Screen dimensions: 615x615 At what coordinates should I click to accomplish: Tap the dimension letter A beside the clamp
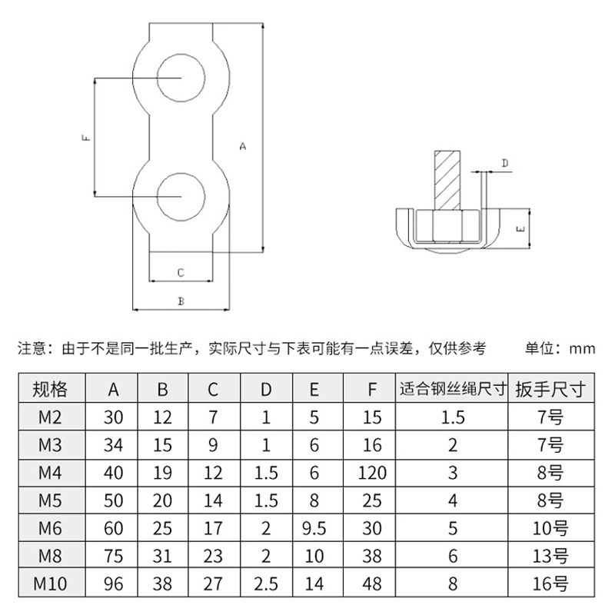[243, 146]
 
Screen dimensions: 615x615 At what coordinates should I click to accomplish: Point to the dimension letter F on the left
[86, 138]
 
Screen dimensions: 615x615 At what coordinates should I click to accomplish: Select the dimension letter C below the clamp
[181, 273]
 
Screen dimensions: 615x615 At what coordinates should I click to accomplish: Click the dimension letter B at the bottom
[181, 301]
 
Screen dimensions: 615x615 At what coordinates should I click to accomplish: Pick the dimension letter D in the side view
[505, 163]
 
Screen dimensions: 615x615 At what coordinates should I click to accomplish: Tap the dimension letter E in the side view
[522, 228]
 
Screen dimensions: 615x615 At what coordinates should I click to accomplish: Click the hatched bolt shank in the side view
[447, 180]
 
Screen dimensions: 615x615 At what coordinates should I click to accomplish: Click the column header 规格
[50, 389]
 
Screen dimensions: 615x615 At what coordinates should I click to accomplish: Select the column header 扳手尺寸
[550, 389]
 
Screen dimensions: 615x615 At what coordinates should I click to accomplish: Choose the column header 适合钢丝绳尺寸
[453, 389]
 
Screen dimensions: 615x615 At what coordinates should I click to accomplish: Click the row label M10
[50, 583]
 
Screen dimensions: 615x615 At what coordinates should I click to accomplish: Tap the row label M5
[50, 500]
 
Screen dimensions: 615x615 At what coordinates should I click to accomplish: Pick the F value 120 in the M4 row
[372, 473]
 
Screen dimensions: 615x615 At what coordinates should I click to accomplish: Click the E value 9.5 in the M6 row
[314, 528]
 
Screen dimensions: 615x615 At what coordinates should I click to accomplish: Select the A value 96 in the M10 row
[113, 583]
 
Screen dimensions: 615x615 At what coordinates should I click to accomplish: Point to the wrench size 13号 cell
[550, 556]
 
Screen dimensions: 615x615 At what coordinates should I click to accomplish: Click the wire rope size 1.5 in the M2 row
[453, 417]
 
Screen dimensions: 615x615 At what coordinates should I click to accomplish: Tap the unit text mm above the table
[583, 349]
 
